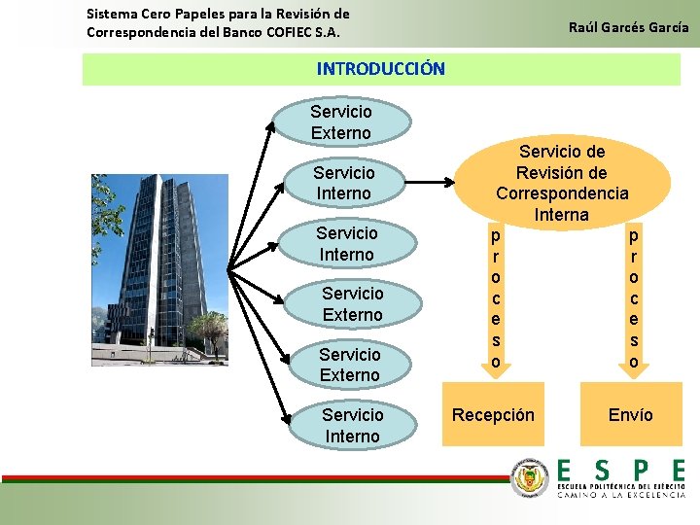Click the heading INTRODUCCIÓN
tap(380, 69)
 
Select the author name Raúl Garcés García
tap(628, 27)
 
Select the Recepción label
tap(493, 415)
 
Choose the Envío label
tap(630, 415)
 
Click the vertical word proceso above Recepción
tap(496, 298)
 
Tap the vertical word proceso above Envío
tap(634, 298)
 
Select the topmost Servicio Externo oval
tap(340, 122)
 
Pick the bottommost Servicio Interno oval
tap(352, 426)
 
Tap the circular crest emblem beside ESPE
tap(530, 478)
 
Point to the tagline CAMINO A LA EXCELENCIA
tap(620, 495)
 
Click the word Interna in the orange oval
tap(561, 214)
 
